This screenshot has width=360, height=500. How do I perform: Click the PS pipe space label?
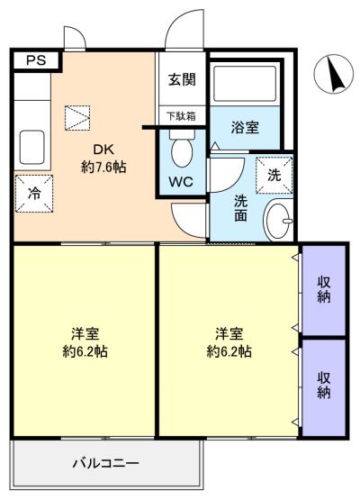36,60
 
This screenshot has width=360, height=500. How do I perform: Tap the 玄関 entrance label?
182,79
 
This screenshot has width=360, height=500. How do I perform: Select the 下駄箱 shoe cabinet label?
181,116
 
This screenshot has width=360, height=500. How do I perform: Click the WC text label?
181,182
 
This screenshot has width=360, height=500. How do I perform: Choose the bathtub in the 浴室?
245,84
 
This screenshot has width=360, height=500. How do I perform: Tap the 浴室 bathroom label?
245,128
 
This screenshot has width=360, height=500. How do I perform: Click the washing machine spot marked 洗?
274,175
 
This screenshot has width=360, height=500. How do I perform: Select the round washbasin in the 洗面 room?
278,220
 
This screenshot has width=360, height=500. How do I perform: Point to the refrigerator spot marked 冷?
34,194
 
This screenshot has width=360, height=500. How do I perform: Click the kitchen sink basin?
31,148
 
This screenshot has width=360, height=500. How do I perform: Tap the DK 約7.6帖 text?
103,159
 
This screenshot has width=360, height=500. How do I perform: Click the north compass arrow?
336,74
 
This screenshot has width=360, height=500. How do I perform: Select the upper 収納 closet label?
324,290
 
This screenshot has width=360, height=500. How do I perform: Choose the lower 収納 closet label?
324,386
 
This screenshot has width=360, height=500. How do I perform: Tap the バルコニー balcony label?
106,463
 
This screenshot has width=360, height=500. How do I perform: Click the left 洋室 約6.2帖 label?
85,343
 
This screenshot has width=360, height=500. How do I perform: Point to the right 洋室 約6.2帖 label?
229,343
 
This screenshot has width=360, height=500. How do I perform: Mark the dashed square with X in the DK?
77,118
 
